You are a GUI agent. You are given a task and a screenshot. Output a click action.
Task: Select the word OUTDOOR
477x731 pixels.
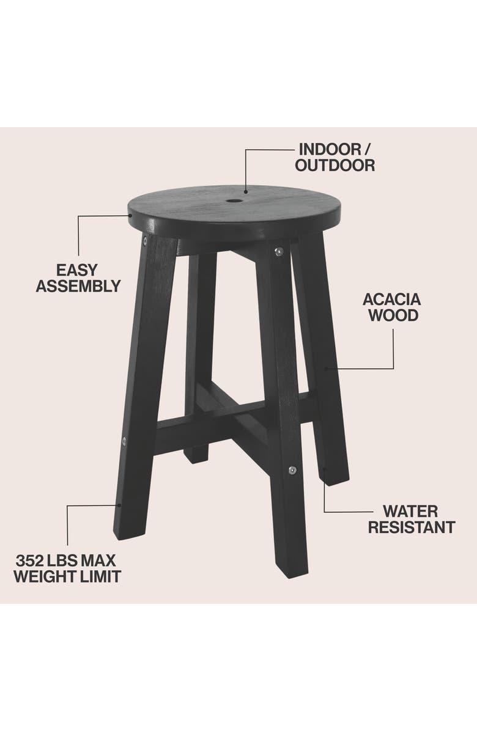pyautogui.click(x=336, y=165)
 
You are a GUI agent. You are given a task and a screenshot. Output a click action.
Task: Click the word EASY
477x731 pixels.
pyautogui.click(x=77, y=270)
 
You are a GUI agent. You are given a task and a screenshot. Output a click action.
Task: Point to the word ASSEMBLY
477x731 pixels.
pyautogui.click(x=78, y=285)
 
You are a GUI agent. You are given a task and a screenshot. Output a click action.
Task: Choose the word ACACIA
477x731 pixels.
pyautogui.click(x=392, y=299)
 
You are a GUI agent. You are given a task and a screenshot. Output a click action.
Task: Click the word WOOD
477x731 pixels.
pyautogui.click(x=392, y=315)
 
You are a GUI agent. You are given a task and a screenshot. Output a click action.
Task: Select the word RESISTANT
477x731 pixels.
pyautogui.click(x=411, y=526)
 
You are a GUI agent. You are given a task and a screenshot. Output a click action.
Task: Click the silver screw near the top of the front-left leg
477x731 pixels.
pyautogui.click(x=144, y=241)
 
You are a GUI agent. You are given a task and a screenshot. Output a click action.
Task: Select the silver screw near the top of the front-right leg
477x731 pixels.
pyautogui.click(x=278, y=251)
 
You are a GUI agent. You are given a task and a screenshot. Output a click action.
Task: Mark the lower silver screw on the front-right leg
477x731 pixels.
pyautogui.click(x=292, y=470)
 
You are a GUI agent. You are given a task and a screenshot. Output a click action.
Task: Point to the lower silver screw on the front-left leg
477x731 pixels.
pyautogui.click(x=125, y=440)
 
